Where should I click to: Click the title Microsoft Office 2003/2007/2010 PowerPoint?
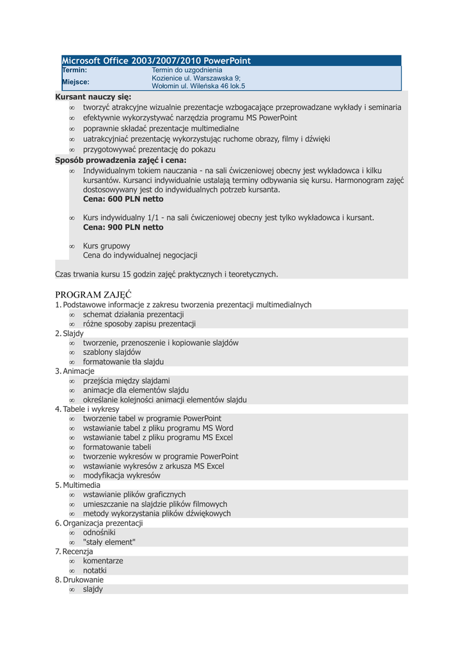tap(156, 61)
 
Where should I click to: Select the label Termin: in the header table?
tap(74, 70)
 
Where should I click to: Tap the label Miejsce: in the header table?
tap(75, 82)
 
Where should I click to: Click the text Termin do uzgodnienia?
tap(187, 70)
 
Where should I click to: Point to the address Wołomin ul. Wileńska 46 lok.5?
tap(198, 86)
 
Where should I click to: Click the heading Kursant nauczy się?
tap(93, 97)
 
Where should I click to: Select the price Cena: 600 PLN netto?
tap(123, 199)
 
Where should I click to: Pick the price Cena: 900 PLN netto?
tap(123, 227)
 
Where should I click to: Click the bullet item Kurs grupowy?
tap(106, 246)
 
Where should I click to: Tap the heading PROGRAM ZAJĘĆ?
tap(93, 294)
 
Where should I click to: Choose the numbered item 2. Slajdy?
tap(70, 333)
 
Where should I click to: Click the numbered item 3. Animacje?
tap(75, 371)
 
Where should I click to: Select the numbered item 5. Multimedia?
tap(78, 485)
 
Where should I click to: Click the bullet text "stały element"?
tap(109, 542)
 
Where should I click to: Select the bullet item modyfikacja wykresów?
tap(122, 476)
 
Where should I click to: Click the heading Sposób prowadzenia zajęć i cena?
tap(121, 160)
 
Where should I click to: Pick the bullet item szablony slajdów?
tap(112, 352)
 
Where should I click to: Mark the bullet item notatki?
tap(95, 570)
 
